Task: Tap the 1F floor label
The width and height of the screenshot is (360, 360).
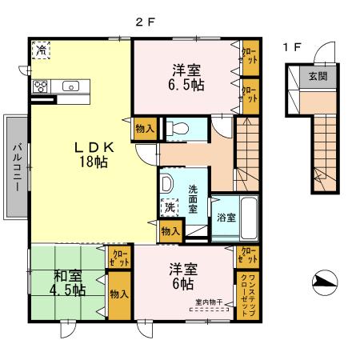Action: click(x=292, y=47)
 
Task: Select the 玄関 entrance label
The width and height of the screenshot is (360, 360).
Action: click(x=318, y=77)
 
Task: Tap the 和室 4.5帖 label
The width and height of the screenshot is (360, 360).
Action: click(x=69, y=283)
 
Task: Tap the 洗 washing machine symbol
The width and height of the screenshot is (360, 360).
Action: click(x=170, y=207)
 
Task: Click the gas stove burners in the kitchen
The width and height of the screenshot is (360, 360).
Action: click(x=42, y=86)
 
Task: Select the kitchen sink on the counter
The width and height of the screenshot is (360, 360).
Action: click(x=70, y=86)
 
